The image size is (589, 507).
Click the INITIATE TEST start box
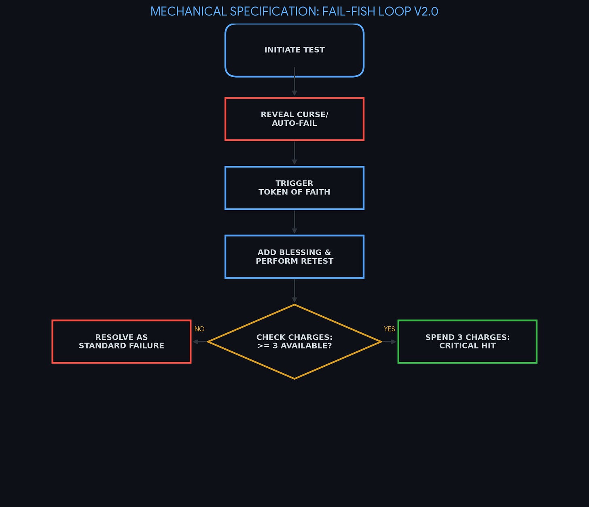click(294, 50)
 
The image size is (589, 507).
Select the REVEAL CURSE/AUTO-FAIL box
click(294, 119)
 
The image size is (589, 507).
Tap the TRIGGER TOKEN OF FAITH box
click(294, 188)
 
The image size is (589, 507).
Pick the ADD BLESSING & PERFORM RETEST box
click(294, 256)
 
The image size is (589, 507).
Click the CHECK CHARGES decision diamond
click(294, 341)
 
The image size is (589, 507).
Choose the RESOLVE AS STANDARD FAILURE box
click(121, 341)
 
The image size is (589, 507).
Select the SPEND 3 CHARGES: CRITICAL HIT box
click(467, 341)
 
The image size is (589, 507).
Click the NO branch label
click(199, 329)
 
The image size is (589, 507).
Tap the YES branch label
click(389, 329)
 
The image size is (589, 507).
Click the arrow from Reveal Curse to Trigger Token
click(294, 153)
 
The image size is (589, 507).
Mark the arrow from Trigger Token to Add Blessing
click(294, 222)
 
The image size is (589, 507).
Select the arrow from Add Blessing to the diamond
click(294, 291)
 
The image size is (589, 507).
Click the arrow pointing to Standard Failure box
click(200, 342)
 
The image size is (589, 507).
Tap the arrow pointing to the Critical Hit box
click(389, 342)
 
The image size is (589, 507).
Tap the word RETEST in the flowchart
click(317, 261)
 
